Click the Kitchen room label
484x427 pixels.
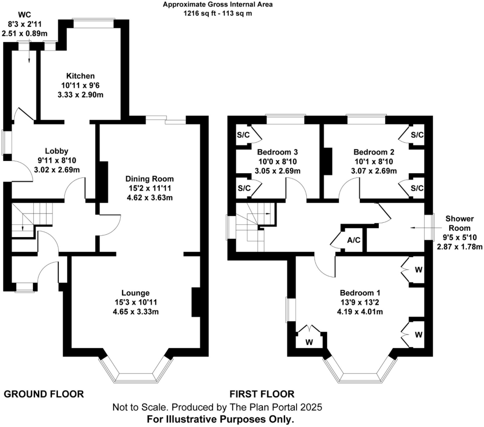[80, 76]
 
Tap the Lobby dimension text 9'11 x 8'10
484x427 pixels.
[57, 160]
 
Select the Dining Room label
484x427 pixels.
[149, 179]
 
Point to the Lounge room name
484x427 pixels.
[135, 293]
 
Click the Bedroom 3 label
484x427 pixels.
[277, 152]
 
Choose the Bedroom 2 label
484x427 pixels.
[374, 152]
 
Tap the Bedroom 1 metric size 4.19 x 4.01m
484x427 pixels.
[360, 312]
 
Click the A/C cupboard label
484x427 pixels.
[354, 240]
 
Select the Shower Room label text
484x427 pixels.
[459, 223]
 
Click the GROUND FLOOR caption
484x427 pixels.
[44, 394]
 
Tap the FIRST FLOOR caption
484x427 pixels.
[262, 394]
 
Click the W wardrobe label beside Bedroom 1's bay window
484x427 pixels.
[309, 342]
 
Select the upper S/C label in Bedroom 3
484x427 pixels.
[243, 135]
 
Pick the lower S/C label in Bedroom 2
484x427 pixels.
[417, 188]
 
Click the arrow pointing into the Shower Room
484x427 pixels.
[417, 228]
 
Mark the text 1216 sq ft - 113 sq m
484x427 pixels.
[218, 13]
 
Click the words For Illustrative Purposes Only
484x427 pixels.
[220, 419]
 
